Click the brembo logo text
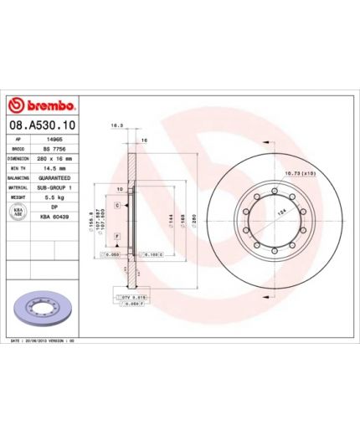(x=48, y=106)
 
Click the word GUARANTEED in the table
(x=56, y=178)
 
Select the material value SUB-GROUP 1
(x=56, y=189)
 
